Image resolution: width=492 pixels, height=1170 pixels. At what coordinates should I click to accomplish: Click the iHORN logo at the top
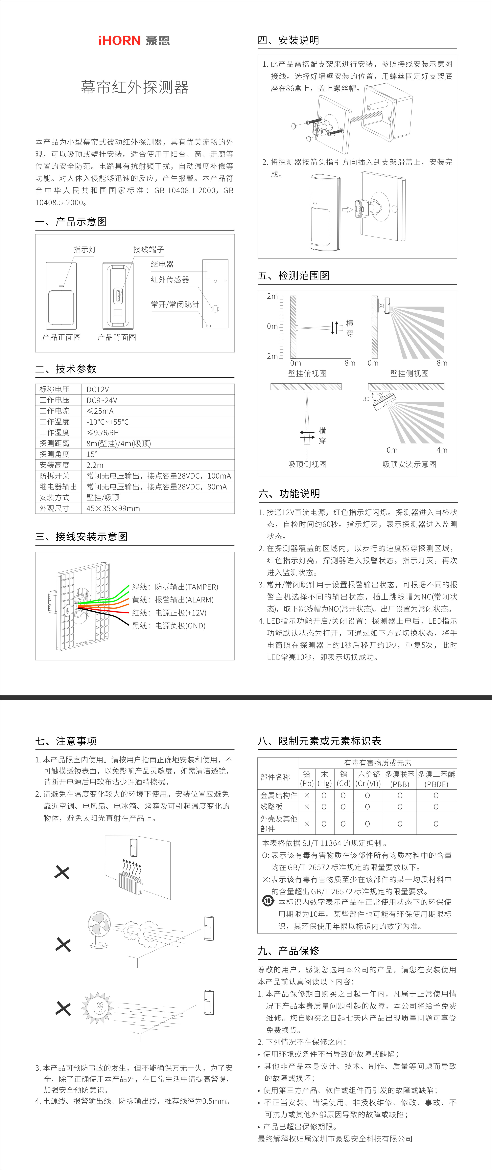[134, 40]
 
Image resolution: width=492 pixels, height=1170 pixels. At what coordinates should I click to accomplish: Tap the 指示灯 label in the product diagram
[84, 249]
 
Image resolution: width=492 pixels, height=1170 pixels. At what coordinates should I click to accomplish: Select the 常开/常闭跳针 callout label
[175, 304]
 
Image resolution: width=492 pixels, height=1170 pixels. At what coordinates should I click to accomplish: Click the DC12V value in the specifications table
[98, 389]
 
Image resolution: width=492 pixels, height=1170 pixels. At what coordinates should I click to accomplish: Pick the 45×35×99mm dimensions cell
[113, 508]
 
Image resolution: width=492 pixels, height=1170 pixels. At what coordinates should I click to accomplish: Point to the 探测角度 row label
[55, 454]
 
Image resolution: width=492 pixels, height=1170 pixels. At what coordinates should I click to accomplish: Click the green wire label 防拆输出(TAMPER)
[175, 587]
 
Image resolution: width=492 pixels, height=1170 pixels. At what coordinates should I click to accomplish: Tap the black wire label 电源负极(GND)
[169, 625]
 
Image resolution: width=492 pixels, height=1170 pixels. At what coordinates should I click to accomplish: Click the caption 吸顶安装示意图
[409, 464]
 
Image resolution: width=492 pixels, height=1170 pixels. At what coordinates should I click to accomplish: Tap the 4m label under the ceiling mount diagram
[442, 450]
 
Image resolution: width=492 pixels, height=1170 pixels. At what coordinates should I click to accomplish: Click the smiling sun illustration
[98, 1008]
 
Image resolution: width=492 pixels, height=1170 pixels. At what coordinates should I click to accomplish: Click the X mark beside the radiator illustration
[62, 872]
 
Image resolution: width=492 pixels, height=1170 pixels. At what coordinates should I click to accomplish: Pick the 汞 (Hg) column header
[324, 778]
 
